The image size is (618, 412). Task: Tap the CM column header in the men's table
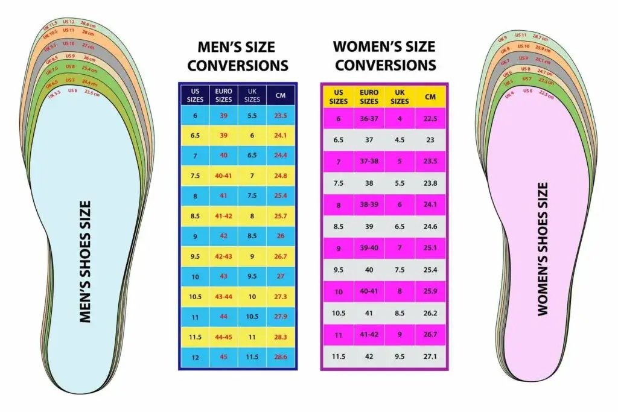(281, 96)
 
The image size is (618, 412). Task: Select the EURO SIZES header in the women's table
(369, 97)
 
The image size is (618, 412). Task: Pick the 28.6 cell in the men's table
(281, 357)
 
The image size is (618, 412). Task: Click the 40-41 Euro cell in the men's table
(223, 176)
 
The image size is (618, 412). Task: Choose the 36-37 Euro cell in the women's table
(369, 119)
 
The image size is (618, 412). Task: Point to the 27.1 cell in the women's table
(430, 357)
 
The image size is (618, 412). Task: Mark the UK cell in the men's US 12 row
(252, 357)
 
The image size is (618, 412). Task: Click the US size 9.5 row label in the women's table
(338, 270)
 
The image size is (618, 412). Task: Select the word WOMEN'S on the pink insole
(543, 284)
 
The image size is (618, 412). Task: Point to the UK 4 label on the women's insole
(509, 95)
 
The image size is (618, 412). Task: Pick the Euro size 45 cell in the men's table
(223, 357)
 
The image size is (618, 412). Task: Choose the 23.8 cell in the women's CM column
(430, 183)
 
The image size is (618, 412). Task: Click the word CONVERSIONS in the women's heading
(386, 65)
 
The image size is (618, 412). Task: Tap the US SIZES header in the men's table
(194, 96)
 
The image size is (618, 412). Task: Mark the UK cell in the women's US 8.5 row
(400, 227)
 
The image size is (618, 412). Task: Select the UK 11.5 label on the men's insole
(50, 27)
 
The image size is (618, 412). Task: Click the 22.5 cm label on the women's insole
(546, 95)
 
